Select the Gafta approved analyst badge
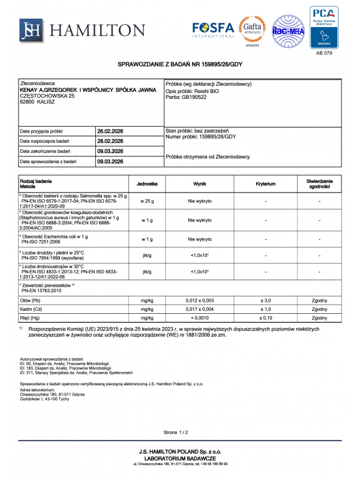252,30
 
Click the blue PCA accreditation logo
323,26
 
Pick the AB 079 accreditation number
323,53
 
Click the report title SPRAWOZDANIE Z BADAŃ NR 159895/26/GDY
180,65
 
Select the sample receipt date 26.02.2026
110,131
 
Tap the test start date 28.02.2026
110,141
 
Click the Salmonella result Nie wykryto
200,201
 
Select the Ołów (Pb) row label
31,299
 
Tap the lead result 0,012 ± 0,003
200,299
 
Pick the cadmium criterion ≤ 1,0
265,308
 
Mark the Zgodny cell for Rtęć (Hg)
320,318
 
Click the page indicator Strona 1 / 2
176,432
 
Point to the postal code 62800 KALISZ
38,101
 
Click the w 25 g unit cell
147,201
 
